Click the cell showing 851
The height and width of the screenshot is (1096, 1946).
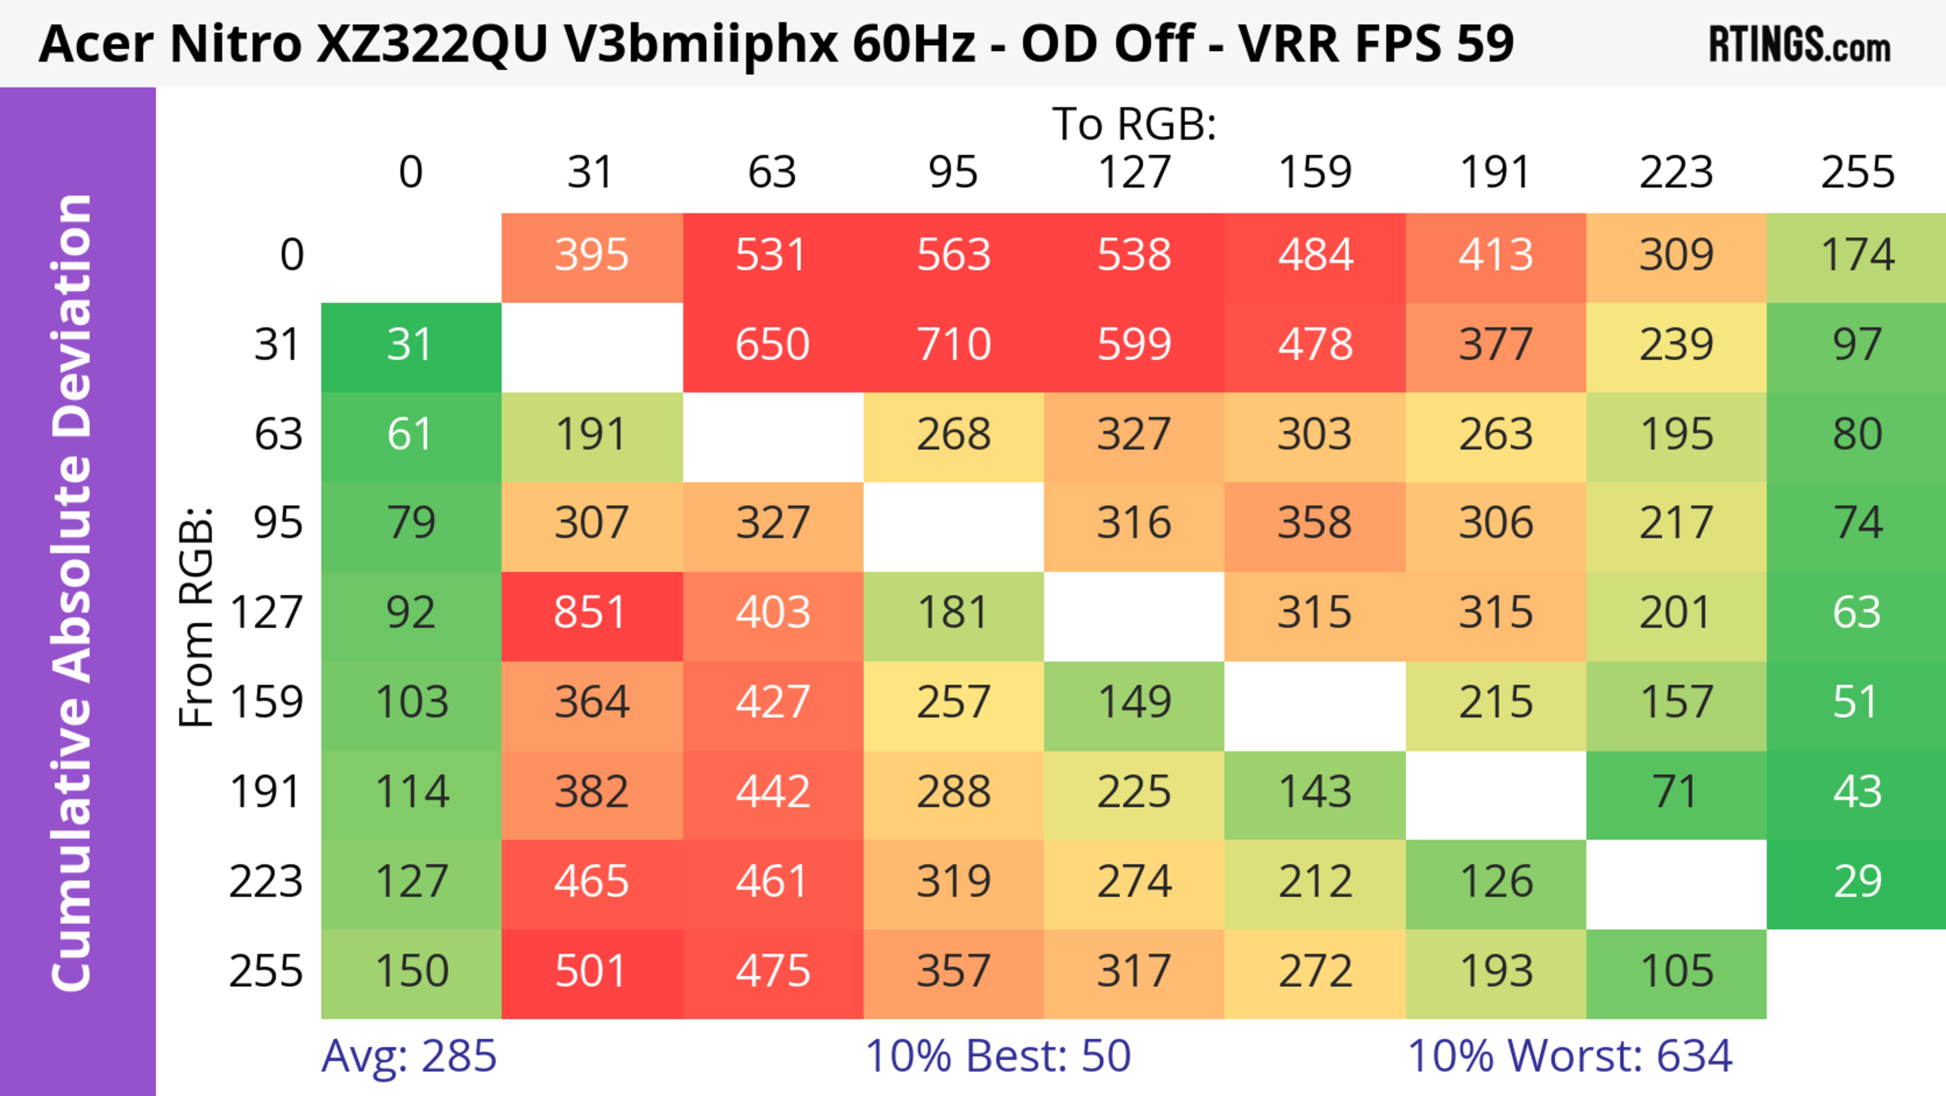click(591, 612)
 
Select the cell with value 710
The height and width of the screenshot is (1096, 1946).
click(953, 345)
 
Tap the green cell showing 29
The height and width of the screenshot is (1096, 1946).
click(1857, 881)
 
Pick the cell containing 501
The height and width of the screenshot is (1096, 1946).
click(591, 971)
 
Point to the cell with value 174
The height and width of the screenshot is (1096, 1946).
click(1857, 256)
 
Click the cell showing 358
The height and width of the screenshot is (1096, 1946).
click(1315, 523)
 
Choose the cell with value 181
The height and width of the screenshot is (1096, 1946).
click(953, 612)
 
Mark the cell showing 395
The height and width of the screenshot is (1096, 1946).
click(591, 256)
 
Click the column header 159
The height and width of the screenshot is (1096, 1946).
click(1315, 172)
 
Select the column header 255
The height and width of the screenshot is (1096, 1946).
click(1857, 172)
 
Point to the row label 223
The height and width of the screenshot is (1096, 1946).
click(266, 881)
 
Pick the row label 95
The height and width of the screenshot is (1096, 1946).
click(278, 523)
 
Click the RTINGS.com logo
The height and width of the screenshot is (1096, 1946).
click(1800, 45)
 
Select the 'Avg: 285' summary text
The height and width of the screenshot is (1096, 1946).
click(408, 1056)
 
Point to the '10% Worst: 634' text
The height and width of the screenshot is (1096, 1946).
click(1570, 1056)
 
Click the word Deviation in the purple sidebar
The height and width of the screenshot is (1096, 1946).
click(72, 317)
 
